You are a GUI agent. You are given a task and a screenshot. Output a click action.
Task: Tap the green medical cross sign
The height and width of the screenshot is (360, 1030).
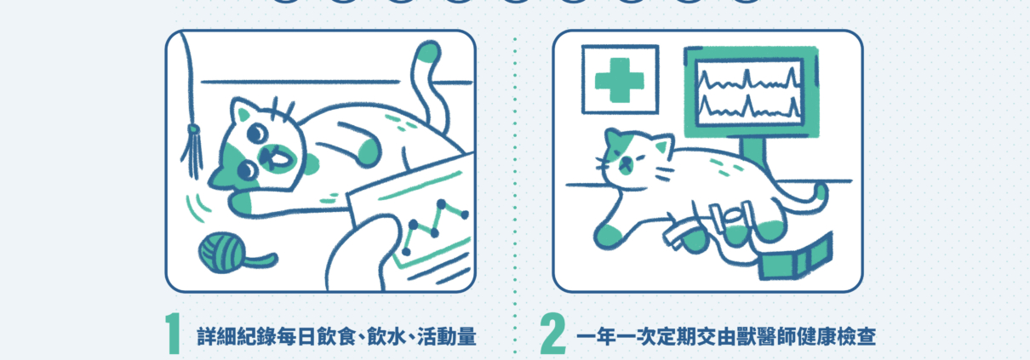[x=620, y=80]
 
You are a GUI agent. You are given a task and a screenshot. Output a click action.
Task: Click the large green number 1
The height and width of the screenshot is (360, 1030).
[x=174, y=334]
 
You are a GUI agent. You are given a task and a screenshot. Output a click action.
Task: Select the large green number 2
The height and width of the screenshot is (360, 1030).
[x=552, y=334]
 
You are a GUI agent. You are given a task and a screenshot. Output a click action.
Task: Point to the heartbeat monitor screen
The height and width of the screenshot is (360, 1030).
[x=750, y=92]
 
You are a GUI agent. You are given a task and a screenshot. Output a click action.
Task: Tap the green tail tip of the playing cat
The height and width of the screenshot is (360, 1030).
[x=428, y=52]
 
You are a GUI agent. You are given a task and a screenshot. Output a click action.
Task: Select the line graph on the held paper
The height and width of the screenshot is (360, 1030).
[x=434, y=226]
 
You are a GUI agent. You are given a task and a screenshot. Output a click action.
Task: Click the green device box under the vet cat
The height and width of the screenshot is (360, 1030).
[x=796, y=260]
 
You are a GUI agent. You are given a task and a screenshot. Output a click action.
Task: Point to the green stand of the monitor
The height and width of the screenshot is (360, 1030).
[x=753, y=151]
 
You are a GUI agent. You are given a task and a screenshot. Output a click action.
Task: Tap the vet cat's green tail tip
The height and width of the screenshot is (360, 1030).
[x=821, y=192]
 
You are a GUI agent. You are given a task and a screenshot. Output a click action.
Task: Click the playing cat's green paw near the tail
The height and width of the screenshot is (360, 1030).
[x=369, y=152]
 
